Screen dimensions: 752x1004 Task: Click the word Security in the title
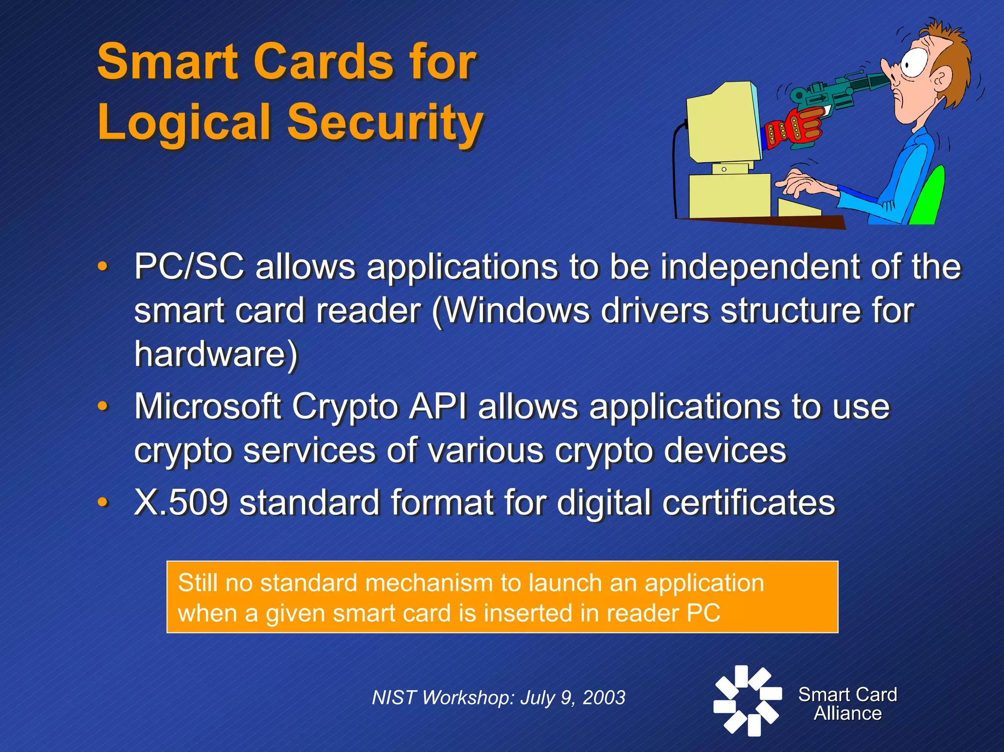pos(385,123)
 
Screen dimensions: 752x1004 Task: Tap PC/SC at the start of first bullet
pos(189,267)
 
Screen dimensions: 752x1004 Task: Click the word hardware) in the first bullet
pos(216,354)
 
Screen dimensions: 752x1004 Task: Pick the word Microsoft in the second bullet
pos(207,407)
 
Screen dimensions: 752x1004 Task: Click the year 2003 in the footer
pos(604,698)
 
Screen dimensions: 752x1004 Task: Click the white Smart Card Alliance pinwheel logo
pos(747,701)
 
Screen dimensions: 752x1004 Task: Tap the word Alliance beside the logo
pos(848,713)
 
